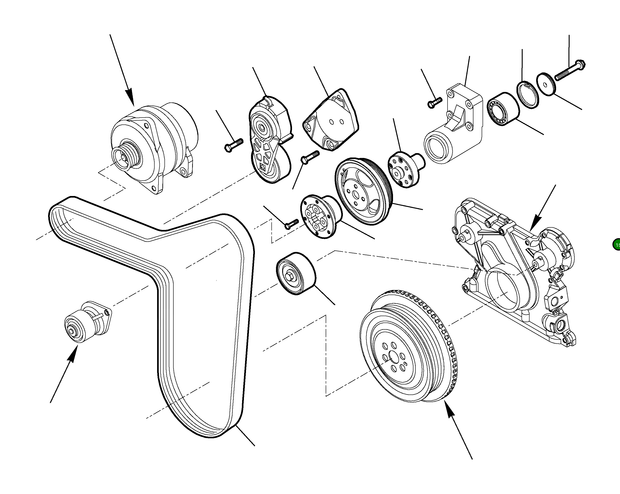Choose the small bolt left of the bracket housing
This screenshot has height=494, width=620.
434,102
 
